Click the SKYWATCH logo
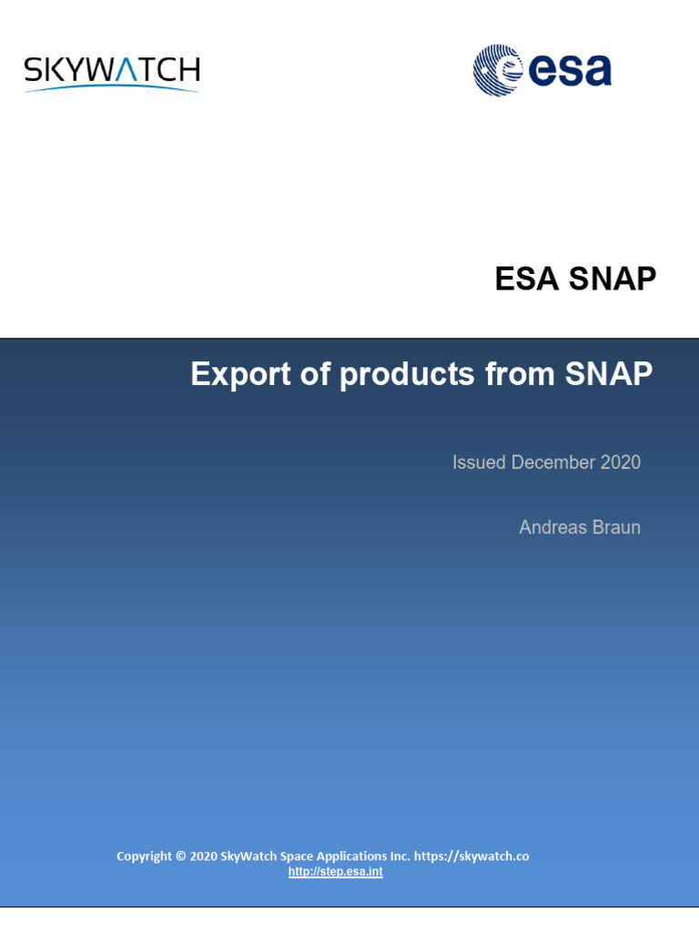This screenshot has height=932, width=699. (x=111, y=71)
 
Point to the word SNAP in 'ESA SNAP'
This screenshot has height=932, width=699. (x=613, y=279)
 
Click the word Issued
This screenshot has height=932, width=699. (x=479, y=462)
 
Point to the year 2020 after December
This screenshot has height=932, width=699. (x=621, y=462)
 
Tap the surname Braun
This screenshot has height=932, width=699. (x=616, y=527)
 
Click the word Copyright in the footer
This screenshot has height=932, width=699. (x=144, y=856)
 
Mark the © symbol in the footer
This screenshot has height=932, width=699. (x=181, y=856)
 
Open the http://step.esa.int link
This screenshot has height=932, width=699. (x=335, y=872)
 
